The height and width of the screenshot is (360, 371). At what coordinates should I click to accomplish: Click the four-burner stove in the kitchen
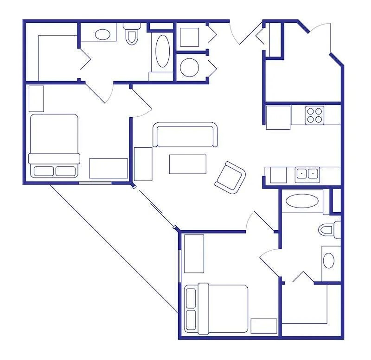[x=314, y=115]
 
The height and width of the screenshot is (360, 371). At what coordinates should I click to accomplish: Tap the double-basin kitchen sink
[x=307, y=174]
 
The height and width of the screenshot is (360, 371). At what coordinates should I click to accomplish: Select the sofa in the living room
[x=185, y=135]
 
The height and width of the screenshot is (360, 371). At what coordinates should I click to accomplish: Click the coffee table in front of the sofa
[x=188, y=164]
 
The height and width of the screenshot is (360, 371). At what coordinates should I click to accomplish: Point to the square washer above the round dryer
[x=189, y=37]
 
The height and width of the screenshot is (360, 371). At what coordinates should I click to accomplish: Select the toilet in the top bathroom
[x=131, y=34]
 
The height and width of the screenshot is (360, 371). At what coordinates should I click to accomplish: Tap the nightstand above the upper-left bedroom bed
[x=36, y=98]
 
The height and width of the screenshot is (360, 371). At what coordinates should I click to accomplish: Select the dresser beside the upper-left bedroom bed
[x=109, y=168]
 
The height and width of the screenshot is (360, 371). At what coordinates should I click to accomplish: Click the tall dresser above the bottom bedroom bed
[x=194, y=253]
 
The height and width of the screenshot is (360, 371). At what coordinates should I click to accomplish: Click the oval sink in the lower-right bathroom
[x=329, y=260]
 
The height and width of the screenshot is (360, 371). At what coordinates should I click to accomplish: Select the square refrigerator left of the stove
[x=278, y=117]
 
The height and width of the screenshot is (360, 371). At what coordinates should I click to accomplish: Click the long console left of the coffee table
[x=143, y=164]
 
